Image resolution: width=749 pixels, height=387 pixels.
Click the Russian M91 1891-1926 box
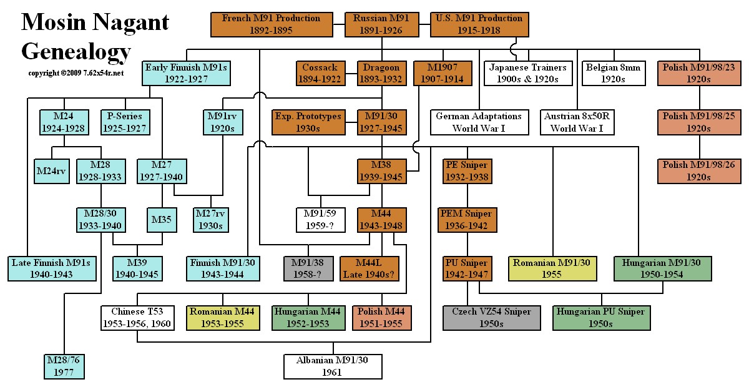pos(381,24)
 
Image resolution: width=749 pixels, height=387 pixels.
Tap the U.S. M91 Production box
pos(479,24)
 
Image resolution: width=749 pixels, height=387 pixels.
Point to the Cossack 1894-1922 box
pos(320,73)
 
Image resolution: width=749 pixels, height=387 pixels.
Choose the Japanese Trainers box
pos(528,73)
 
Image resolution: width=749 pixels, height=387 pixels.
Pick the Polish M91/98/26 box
pos(699,170)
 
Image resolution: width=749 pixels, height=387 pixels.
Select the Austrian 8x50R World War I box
pos(578,122)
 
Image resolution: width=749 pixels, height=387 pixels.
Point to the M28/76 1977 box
pos(64,366)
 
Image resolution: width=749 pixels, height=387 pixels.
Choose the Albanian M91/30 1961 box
pos(332,366)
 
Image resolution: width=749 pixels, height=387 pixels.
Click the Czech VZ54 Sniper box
pos(487,317)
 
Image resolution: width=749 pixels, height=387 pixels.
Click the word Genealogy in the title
pos(76,51)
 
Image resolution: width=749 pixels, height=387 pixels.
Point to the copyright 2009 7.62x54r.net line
pos(76,73)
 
